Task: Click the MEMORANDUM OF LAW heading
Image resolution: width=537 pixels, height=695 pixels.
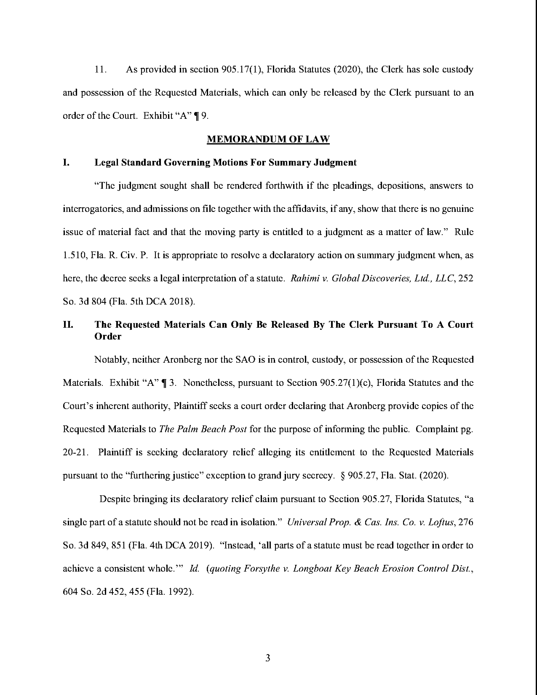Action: click(x=268, y=139)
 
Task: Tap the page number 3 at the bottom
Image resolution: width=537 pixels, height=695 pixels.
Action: click(x=268, y=658)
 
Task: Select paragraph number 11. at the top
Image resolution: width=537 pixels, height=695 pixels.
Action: click(x=100, y=69)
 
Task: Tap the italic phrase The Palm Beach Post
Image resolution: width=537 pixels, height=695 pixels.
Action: click(x=203, y=429)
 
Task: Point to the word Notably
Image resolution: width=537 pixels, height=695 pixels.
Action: click(x=110, y=360)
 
